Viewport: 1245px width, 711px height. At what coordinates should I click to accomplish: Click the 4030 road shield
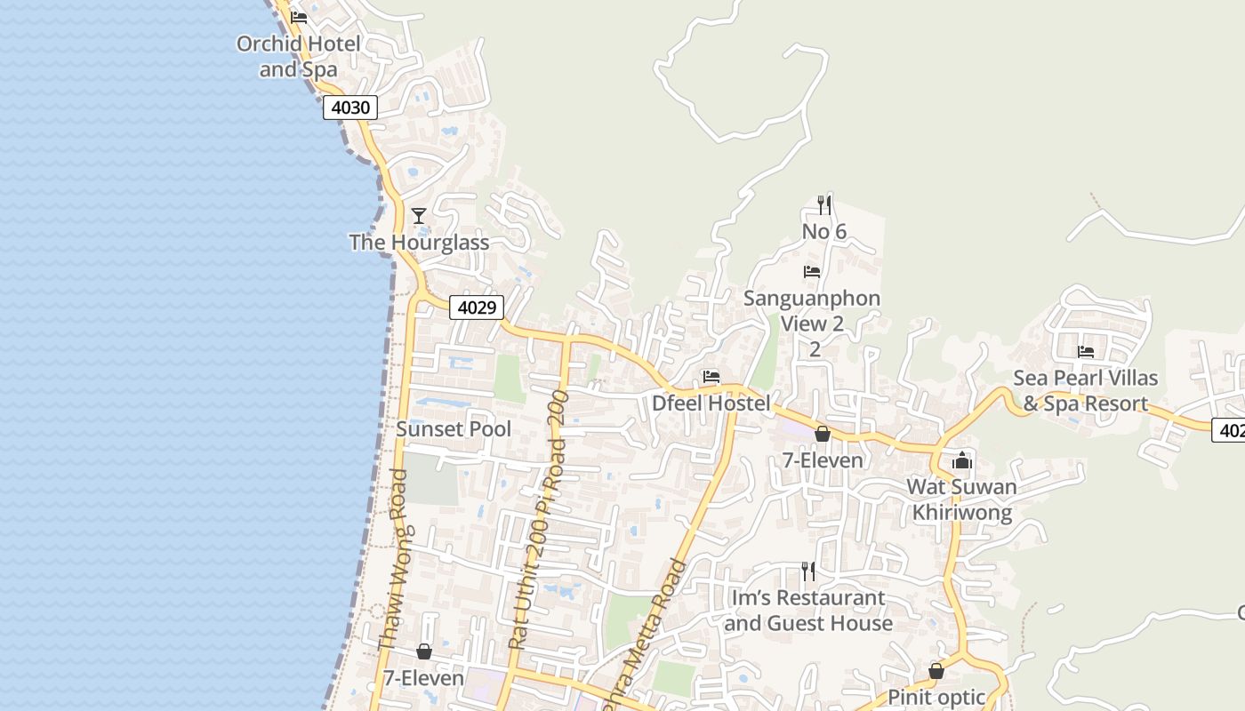click(x=349, y=108)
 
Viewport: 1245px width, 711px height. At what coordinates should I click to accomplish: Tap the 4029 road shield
click(x=477, y=308)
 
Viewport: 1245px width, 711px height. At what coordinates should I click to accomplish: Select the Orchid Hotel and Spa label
click(x=299, y=56)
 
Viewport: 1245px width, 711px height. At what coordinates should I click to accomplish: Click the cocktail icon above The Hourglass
click(x=419, y=216)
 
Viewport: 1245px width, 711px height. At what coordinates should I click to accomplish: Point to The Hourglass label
click(x=419, y=243)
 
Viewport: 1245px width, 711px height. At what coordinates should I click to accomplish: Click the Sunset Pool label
click(x=454, y=429)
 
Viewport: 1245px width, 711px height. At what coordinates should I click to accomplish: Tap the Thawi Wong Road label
click(x=392, y=560)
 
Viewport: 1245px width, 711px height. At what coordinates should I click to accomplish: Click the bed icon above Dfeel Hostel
click(x=711, y=377)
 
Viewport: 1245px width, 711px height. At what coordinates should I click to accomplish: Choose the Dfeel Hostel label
click(x=711, y=403)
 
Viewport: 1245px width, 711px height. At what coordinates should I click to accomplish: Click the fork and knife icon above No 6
click(x=824, y=205)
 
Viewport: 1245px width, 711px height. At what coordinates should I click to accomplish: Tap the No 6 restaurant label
click(x=824, y=232)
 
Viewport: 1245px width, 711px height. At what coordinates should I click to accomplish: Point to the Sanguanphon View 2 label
click(x=812, y=311)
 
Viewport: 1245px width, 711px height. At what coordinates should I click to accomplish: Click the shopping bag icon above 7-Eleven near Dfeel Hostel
click(x=823, y=434)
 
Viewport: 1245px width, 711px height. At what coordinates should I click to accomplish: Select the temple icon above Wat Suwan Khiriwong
click(x=962, y=460)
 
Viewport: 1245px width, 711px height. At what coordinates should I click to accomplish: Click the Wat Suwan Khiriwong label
click(x=962, y=499)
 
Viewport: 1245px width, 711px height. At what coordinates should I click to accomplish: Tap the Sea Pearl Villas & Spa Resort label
click(x=1086, y=391)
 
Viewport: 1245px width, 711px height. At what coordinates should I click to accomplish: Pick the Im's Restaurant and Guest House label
click(x=808, y=611)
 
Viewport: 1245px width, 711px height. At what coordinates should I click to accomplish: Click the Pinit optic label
click(x=936, y=697)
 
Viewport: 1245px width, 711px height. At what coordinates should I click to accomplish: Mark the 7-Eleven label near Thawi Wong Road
click(x=424, y=678)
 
